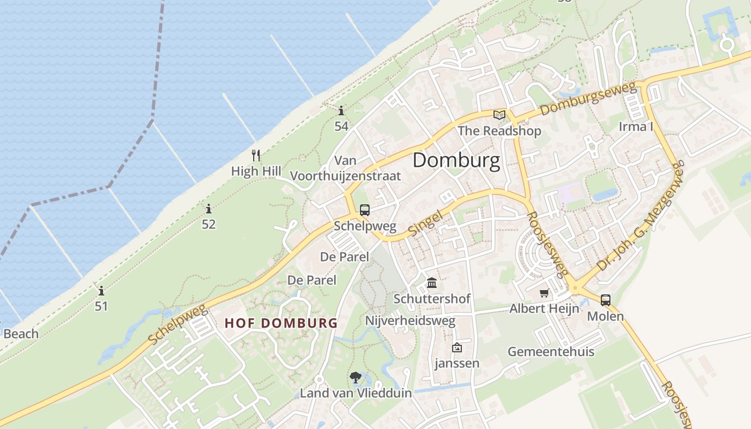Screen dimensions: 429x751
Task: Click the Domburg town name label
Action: pos(456,160)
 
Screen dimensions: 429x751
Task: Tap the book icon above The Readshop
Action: pos(499,115)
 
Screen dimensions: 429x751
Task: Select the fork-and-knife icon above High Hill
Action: pos(256,156)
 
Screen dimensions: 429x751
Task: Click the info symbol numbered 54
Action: pos(341,111)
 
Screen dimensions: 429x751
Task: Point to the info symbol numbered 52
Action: pos(209,209)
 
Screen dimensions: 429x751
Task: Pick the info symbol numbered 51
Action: pos(101,291)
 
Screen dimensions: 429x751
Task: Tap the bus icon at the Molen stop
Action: pos(606,300)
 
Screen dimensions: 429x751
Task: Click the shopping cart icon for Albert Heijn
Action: pos(544,293)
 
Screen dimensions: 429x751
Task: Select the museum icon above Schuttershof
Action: pos(432,283)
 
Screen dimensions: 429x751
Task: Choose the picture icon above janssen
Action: pos(457,347)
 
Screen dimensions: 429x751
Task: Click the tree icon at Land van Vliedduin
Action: pos(355,378)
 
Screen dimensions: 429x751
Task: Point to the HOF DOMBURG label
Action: pos(281,323)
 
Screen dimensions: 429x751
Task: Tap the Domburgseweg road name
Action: pos(587,99)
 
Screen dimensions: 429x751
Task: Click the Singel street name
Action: pos(425,223)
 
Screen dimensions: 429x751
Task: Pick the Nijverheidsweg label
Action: pos(410,321)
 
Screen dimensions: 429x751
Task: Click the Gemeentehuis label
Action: pos(551,352)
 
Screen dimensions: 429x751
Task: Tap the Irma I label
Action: pos(636,127)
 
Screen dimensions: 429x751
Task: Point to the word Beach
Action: pos(21,334)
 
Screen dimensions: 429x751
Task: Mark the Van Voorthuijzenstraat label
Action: pos(345,168)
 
